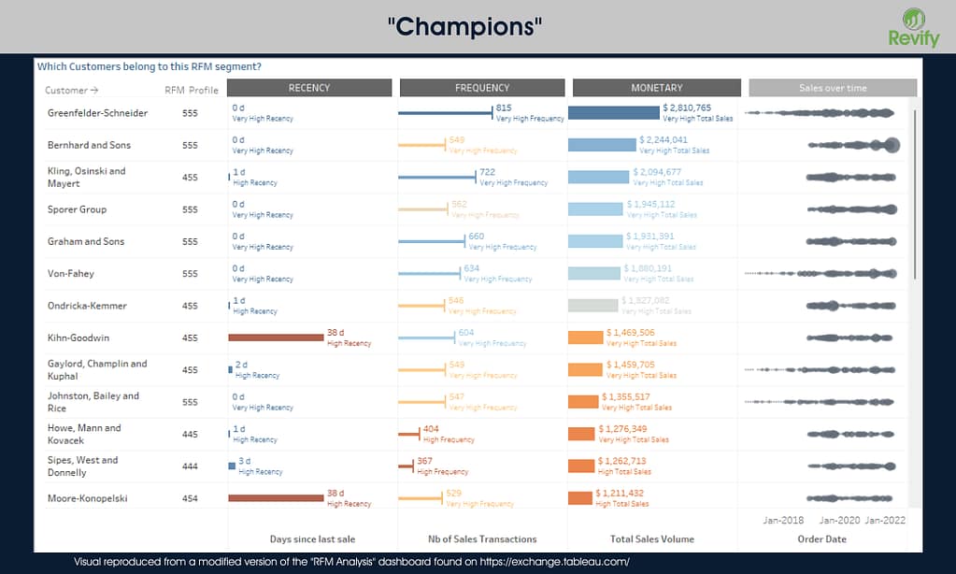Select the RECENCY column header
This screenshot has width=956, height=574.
(309, 88)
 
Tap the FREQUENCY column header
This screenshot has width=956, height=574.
(482, 88)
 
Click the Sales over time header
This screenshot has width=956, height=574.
(833, 88)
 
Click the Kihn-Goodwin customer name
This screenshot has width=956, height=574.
(78, 337)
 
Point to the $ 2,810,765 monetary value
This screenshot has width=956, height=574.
(687, 108)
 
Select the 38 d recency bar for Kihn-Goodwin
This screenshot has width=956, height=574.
(276, 337)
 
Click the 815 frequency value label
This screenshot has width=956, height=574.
(504, 108)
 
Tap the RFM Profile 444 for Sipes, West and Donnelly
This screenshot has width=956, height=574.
(191, 466)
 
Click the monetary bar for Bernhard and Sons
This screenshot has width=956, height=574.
(602, 145)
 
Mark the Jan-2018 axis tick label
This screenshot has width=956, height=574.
(783, 520)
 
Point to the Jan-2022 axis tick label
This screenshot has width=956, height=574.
(884, 520)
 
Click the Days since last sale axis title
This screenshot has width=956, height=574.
(312, 539)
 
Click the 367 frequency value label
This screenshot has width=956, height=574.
(425, 461)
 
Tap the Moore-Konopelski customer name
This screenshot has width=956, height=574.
(88, 498)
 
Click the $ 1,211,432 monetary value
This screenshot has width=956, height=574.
(622, 494)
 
